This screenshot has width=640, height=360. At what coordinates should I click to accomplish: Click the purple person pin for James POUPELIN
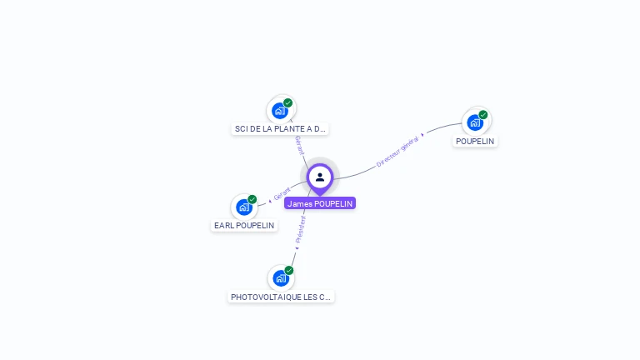tap(320, 177)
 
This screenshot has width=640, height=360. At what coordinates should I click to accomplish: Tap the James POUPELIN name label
tap(320, 203)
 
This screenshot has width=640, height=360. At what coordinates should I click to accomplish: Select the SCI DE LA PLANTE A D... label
tap(280, 129)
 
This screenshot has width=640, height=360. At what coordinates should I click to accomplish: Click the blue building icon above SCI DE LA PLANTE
tap(280, 110)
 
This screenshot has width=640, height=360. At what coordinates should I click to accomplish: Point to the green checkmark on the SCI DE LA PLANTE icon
tap(288, 102)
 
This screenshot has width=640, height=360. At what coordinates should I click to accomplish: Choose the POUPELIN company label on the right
tap(475, 141)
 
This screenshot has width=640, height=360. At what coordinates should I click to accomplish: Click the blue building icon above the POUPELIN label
tap(475, 122)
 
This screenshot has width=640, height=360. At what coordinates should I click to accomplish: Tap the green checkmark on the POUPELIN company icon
tap(483, 114)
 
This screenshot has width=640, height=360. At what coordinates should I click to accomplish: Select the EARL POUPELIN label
tap(244, 225)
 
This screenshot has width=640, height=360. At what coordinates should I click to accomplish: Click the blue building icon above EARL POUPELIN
tap(244, 207)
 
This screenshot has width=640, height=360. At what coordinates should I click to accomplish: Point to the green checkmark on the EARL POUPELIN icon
tap(252, 199)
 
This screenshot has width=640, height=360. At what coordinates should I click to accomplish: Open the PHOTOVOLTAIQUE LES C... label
tap(281, 297)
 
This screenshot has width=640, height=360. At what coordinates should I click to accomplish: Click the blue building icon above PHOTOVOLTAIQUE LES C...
tap(281, 278)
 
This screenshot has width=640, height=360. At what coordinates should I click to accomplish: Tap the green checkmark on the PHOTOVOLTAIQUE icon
tap(289, 270)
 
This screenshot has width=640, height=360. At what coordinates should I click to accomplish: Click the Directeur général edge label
tap(397, 151)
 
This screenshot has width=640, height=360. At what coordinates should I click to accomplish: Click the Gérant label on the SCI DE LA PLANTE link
tap(298, 145)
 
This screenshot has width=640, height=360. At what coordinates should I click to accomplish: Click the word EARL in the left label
tap(223, 225)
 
